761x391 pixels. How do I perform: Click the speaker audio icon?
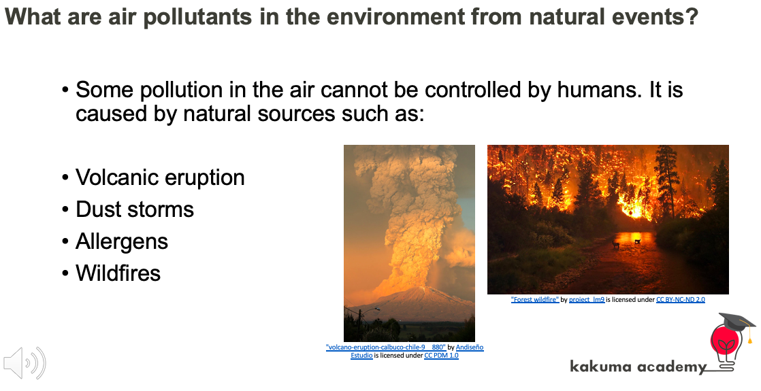pyautogui.click(x=25, y=363)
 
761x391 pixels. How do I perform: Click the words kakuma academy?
pyautogui.click(x=638, y=367)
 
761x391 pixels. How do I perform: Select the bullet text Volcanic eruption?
pyautogui.click(x=160, y=177)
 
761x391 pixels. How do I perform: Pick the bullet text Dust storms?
pyautogui.click(x=135, y=209)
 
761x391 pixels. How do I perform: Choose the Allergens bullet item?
pyautogui.click(x=121, y=241)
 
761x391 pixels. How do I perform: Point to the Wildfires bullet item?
pyautogui.click(x=118, y=273)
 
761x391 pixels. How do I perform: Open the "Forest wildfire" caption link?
pyautogui.click(x=535, y=300)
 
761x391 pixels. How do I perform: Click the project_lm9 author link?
pyautogui.click(x=587, y=300)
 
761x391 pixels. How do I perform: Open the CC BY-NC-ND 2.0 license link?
pyautogui.click(x=681, y=300)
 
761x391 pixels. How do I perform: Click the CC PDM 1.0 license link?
pyautogui.click(x=441, y=356)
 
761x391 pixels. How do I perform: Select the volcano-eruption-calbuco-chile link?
pyautogui.click(x=386, y=347)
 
